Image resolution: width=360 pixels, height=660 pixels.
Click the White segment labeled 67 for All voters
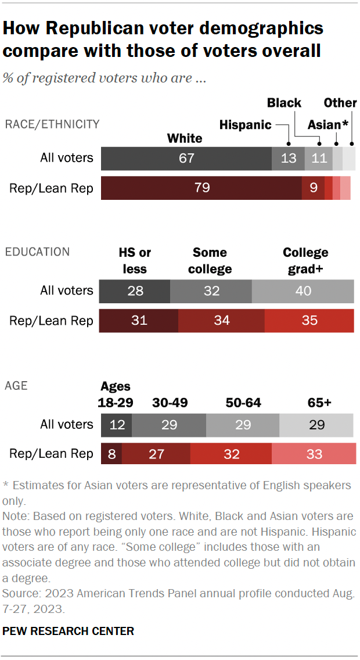click(x=186, y=158)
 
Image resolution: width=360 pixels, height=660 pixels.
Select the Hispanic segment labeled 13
click(x=289, y=158)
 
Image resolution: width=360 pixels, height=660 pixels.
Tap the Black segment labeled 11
click(x=319, y=158)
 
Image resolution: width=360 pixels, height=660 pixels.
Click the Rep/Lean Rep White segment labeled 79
click(x=201, y=188)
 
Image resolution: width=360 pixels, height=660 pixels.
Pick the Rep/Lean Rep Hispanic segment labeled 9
click(x=314, y=188)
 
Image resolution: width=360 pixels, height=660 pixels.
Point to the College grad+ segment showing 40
click(x=303, y=291)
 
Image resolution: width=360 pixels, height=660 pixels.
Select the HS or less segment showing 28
click(x=135, y=291)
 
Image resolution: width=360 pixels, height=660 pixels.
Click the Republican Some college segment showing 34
click(x=221, y=321)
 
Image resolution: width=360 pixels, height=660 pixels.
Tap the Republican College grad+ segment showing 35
click(x=309, y=321)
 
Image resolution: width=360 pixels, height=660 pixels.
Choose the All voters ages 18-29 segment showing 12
click(x=117, y=425)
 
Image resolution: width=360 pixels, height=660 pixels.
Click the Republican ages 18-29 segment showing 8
click(x=110, y=454)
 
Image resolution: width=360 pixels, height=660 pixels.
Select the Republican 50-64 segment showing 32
click(x=231, y=454)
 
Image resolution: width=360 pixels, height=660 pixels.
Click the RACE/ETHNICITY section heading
click(x=52, y=124)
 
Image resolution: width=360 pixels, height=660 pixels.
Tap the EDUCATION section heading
click(x=37, y=252)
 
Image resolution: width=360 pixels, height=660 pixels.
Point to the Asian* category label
click(x=328, y=125)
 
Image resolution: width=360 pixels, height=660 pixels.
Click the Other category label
click(x=340, y=103)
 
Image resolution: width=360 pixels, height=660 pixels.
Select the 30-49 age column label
click(x=170, y=403)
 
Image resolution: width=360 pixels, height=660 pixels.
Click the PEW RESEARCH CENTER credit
click(x=69, y=631)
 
